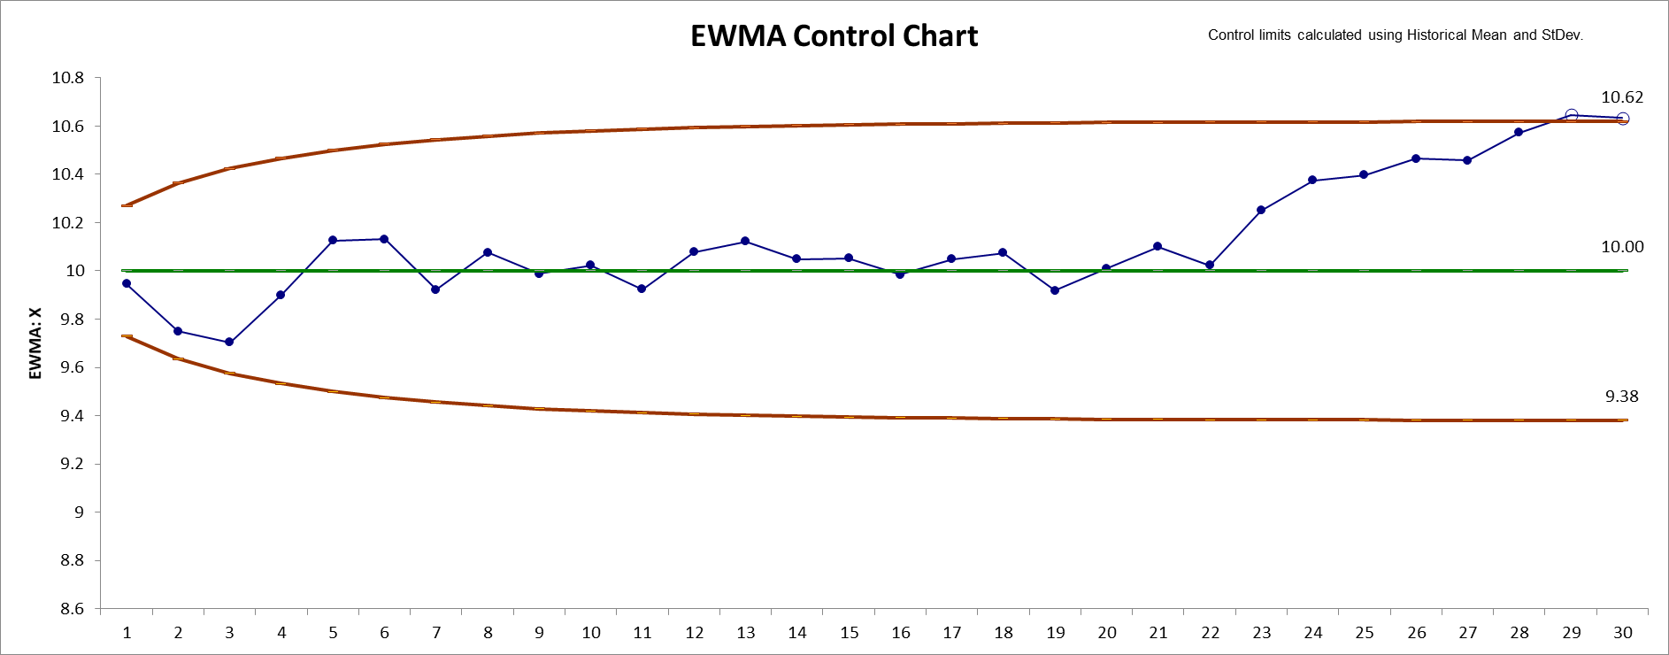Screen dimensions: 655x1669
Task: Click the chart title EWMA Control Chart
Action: click(x=834, y=36)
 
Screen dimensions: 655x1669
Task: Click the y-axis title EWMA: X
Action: click(x=35, y=343)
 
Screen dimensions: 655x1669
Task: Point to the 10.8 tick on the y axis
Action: click(x=67, y=78)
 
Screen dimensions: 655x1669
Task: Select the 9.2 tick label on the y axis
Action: click(x=67, y=464)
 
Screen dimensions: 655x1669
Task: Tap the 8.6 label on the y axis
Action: click(x=67, y=609)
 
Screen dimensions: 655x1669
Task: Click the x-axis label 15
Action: click(x=849, y=633)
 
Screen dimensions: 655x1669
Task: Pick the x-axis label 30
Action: click(x=1622, y=633)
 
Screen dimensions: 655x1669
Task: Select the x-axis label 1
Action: click(x=127, y=633)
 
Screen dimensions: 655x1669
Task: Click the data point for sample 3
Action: click(x=229, y=342)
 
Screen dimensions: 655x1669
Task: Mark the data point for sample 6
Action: click(x=384, y=239)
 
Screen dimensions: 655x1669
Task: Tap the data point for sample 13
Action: click(x=745, y=241)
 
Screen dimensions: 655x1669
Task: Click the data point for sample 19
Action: click(x=1055, y=290)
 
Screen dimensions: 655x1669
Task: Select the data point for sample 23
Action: click(x=1261, y=211)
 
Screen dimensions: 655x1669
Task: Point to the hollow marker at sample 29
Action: click(x=1571, y=115)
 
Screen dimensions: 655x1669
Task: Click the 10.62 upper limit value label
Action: click(x=1621, y=97)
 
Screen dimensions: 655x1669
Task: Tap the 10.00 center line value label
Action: click(x=1621, y=247)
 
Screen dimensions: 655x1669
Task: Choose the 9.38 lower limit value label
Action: click(x=1621, y=397)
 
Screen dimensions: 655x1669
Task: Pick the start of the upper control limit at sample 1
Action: click(x=127, y=205)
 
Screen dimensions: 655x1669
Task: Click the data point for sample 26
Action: click(x=1416, y=158)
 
